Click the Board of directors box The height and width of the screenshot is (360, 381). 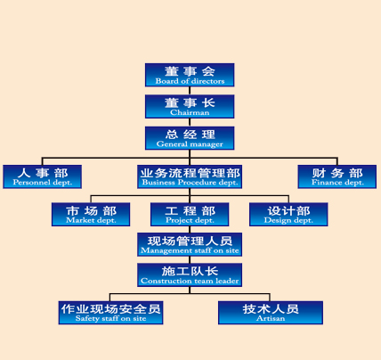pyautogui.click(x=190, y=75)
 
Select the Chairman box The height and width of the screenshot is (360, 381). pyautogui.click(x=190, y=106)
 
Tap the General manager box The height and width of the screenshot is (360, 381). pyautogui.click(x=190, y=138)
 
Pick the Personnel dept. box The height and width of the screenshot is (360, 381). pyautogui.click(x=43, y=176)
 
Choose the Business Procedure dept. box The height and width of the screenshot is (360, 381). pyautogui.click(x=190, y=176)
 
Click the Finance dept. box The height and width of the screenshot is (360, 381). pyautogui.click(x=337, y=176)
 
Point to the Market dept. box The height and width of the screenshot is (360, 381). pyautogui.click(x=91, y=215)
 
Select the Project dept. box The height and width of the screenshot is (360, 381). pyautogui.click(x=190, y=215)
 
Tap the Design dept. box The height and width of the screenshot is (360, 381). pyautogui.click(x=288, y=215)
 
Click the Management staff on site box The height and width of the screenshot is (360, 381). pyautogui.click(x=190, y=244)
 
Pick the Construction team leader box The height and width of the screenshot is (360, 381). pyautogui.click(x=190, y=274)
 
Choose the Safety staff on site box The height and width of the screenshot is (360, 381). pyautogui.click(x=110, y=313)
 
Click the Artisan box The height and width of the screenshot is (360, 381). pyautogui.click(x=271, y=313)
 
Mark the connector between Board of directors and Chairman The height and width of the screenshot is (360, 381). pyautogui.click(x=190, y=91)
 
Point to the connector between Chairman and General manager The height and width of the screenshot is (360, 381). pyautogui.click(x=190, y=122)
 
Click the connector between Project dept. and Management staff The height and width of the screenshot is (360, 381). pyautogui.click(x=190, y=230)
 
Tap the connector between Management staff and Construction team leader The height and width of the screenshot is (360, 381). pyautogui.click(x=190, y=260)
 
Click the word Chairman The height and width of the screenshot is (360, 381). pyautogui.click(x=190, y=112)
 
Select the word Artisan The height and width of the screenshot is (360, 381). pyautogui.click(x=271, y=318)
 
